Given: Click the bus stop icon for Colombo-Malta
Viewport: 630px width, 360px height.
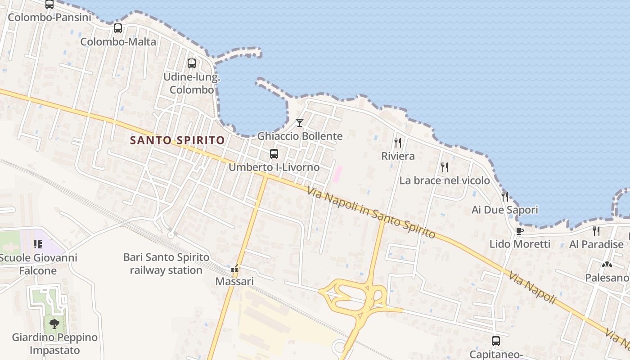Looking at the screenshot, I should (x=118, y=28).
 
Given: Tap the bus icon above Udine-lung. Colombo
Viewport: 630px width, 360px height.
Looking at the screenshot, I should (x=192, y=63).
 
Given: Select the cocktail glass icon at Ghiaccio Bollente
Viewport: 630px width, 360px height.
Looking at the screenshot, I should (x=300, y=122).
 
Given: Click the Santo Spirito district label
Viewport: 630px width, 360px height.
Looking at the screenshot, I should (x=177, y=140).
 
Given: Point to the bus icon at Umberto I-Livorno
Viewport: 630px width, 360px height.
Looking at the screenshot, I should (x=274, y=154).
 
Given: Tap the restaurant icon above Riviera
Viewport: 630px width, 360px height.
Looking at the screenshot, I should (x=398, y=143).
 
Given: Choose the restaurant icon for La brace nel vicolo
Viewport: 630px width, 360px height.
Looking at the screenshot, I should (x=445, y=167).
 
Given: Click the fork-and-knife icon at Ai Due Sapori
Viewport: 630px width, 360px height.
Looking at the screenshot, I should (x=505, y=197).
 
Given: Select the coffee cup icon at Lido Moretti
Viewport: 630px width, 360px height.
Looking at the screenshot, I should (x=520, y=231).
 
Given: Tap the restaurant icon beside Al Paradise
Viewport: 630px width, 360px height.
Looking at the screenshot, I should (x=596, y=231).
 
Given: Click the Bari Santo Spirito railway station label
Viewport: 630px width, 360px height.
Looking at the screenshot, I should (x=166, y=264).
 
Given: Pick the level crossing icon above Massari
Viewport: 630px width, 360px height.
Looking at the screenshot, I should (x=234, y=269).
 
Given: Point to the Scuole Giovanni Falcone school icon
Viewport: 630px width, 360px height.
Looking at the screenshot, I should (x=38, y=244).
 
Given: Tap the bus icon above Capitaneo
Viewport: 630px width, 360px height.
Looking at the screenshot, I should (x=496, y=341).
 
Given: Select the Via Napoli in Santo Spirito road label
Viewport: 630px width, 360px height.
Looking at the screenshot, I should (x=372, y=213).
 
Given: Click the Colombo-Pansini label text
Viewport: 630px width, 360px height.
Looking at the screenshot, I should (x=49, y=18).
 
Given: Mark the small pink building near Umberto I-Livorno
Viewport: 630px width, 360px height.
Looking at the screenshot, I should (x=337, y=174).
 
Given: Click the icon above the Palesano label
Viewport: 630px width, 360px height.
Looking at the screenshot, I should (x=607, y=265).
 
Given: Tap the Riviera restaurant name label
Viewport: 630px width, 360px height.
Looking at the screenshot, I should (x=398, y=156).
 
